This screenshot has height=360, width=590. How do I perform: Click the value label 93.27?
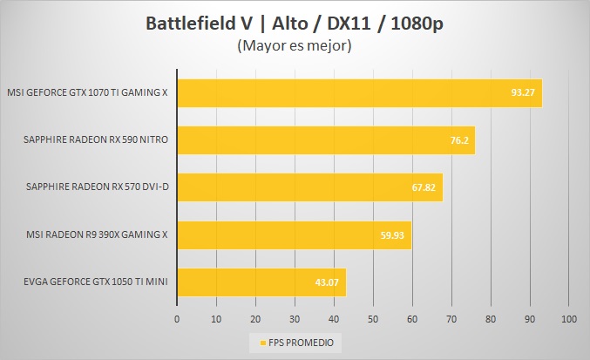pos(524,92)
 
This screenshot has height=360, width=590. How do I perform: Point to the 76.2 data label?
pos(460,139)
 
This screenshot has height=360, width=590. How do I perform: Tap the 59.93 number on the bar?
pos(393,234)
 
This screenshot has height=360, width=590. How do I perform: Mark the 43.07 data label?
pos(328,282)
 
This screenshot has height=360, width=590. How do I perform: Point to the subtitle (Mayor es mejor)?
pos(294,47)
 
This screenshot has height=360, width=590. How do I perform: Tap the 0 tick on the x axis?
pos(177,319)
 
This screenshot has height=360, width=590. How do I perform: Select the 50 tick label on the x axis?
pos(373,319)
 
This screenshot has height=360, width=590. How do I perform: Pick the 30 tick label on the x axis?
pos(295,319)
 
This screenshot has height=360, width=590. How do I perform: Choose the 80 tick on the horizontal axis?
pos(491,319)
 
